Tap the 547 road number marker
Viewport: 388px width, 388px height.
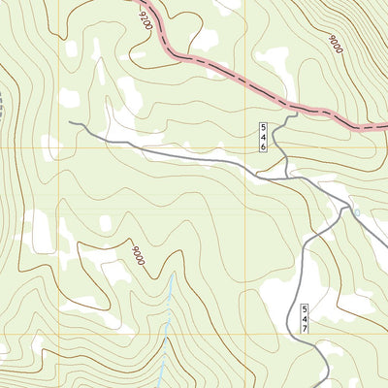click(304, 319)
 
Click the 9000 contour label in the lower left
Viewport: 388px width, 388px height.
click(139, 256)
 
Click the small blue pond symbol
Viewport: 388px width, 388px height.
click(356, 212)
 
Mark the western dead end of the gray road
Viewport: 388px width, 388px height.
click(70, 122)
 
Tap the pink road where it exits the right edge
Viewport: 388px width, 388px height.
click(385, 127)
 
